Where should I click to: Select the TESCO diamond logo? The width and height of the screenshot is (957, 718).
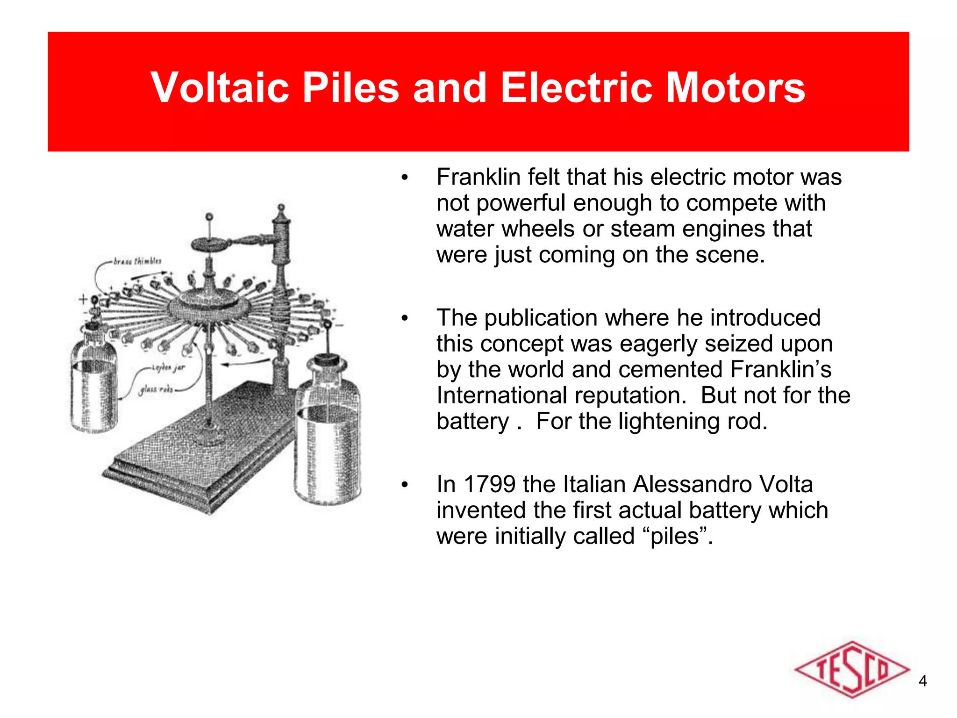coord(852,669)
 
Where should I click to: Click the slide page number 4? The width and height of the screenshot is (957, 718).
coord(922,681)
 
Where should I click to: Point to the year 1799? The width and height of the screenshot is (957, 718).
coord(489,484)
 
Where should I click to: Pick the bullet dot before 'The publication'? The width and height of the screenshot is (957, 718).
coord(404,318)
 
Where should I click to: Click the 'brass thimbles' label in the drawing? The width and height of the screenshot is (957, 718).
coord(137,261)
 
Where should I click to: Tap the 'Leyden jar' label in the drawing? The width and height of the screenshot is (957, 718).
coord(168,368)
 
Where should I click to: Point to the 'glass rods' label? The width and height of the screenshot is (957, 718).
coord(156,388)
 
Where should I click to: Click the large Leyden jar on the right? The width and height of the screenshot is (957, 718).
coord(328,435)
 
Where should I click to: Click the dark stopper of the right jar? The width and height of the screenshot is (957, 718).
coord(326,361)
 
